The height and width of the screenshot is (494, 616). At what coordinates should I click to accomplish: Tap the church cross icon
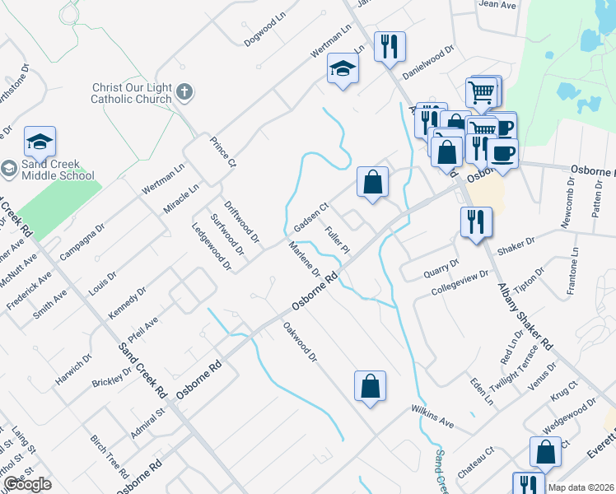coord(184,92)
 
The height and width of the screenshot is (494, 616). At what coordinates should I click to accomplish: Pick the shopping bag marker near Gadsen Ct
coord(373,182)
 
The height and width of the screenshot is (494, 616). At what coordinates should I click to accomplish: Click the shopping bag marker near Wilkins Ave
coord(370,386)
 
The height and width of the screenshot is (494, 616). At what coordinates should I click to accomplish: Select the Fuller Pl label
coord(338,240)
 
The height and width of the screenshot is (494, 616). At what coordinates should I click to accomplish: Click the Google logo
coord(26,485)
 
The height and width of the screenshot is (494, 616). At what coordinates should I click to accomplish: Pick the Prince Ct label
coord(222,152)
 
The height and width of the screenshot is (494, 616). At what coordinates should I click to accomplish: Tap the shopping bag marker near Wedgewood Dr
coord(546,452)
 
